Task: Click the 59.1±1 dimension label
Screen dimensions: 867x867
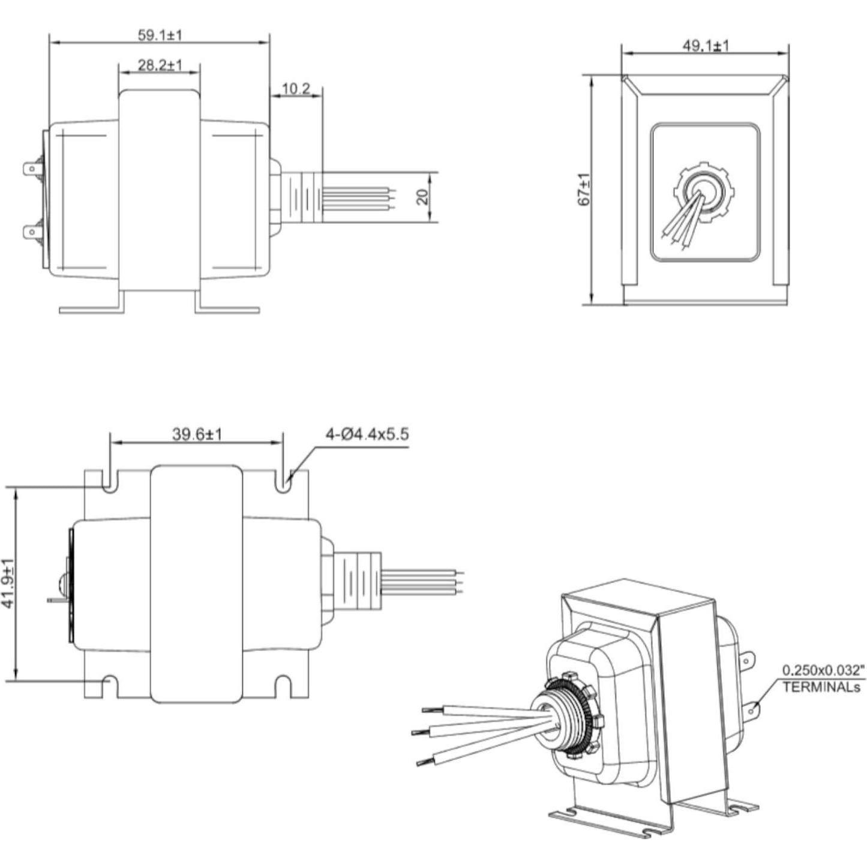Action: click(160, 35)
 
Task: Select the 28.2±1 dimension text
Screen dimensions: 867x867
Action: click(160, 65)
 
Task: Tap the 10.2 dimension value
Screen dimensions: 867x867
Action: click(295, 89)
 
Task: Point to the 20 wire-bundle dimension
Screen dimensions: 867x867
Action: click(423, 197)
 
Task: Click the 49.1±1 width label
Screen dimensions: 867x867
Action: click(706, 46)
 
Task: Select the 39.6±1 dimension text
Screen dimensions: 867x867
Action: click(197, 434)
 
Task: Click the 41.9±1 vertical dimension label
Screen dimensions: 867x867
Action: click(8, 584)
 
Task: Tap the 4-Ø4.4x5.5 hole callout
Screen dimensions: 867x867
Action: click(367, 434)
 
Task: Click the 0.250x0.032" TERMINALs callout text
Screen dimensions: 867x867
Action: click(824, 678)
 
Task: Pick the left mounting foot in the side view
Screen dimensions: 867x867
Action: click(93, 309)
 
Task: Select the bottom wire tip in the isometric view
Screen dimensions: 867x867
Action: click(423, 762)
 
